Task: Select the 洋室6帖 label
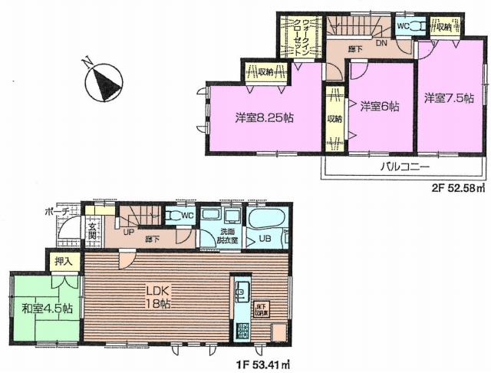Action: [x=380, y=107]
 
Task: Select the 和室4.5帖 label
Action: [x=47, y=309]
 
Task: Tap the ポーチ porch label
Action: [x=58, y=210]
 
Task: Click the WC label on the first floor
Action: [x=186, y=216]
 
